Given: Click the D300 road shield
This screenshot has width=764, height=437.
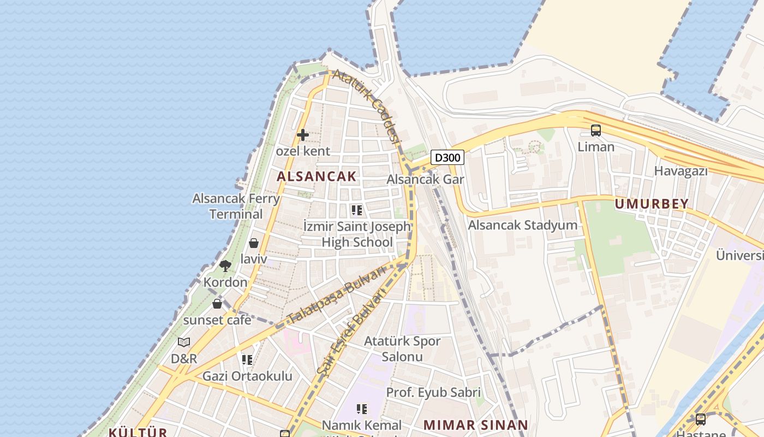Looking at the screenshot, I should [447, 158].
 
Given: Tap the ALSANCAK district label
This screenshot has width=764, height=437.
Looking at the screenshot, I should [316, 176].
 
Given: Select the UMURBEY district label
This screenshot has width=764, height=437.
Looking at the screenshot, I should [652, 204].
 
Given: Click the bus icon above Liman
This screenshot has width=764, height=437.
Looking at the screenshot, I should [596, 131].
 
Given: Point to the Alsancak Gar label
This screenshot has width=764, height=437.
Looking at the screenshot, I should [425, 179].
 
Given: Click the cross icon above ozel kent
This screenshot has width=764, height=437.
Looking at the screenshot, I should [303, 134].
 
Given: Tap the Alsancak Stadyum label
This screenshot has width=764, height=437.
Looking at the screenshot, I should [522, 225].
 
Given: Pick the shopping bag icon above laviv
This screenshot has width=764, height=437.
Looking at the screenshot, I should [254, 243].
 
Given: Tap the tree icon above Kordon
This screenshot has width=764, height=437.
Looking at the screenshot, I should [225, 266].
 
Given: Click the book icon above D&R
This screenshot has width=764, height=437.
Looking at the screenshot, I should [184, 342].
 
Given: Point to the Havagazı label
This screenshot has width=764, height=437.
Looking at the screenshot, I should [681, 171].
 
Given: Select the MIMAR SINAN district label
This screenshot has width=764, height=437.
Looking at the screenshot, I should [475, 425].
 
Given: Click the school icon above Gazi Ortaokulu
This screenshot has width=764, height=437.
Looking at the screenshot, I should [247, 360].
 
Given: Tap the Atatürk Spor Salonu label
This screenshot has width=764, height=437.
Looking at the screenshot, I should [402, 349].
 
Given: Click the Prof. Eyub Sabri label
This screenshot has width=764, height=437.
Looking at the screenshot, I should [433, 392].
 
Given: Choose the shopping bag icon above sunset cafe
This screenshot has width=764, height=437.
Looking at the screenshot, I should [217, 304].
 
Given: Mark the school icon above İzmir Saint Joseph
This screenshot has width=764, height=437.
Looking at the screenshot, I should [357, 210].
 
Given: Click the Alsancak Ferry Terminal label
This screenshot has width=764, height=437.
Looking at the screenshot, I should [236, 206].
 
